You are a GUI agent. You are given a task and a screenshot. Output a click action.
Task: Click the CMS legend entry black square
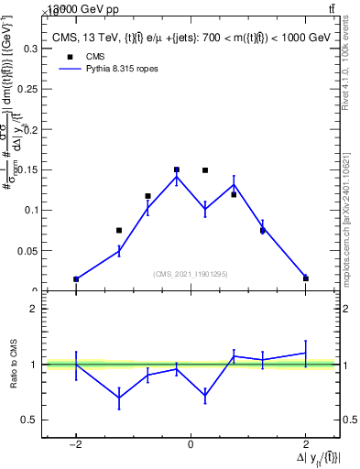click(x=69, y=56)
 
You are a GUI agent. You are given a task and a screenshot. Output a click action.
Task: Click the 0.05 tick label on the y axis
click(x=27, y=250)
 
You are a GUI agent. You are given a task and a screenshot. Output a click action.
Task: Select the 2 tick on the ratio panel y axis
click(x=37, y=309)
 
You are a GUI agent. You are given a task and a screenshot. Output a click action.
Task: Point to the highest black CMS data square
click(x=176, y=169)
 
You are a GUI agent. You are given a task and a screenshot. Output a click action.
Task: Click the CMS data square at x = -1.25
click(x=119, y=230)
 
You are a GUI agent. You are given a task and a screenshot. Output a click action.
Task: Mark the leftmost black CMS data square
click(x=76, y=278)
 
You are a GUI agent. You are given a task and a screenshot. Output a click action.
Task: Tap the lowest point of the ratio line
click(x=119, y=398)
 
